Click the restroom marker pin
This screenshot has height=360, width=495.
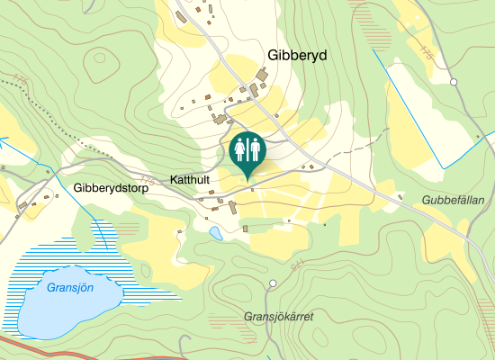[247, 149]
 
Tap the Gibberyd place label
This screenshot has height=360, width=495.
[297, 55]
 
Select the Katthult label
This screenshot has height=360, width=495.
[189, 180]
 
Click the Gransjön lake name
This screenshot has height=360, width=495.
[69, 288]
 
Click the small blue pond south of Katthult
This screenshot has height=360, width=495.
[216, 234]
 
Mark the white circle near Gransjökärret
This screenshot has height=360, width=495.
[273, 284]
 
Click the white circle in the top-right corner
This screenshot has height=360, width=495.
[454, 82]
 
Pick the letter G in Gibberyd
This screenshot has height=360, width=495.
[273, 55]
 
